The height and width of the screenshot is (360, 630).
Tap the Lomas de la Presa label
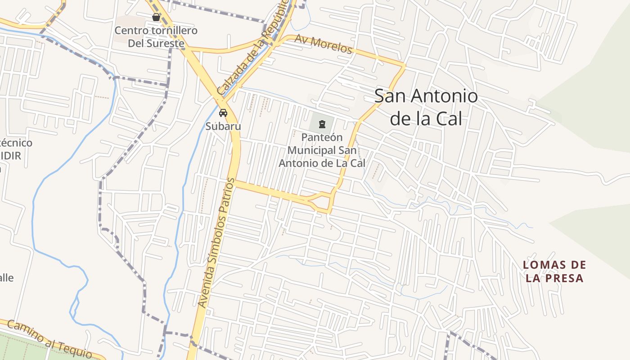[x=554, y=271]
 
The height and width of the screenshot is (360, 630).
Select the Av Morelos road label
[x=323, y=44]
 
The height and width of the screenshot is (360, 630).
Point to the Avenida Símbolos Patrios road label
[x=217, y=243]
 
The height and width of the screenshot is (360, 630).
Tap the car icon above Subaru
[x=223, y=112]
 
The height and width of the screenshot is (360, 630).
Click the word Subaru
[x=223, y=126]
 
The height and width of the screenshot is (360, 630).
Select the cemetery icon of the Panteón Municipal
[x=322, y=124]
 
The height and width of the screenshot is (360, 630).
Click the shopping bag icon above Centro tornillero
[x=156, y=17]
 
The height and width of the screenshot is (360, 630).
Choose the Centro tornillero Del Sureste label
[x=156, y=37]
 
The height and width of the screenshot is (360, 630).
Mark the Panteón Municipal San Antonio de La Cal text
[x=322, y=150]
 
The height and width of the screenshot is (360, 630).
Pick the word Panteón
[x=322, y=137]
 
